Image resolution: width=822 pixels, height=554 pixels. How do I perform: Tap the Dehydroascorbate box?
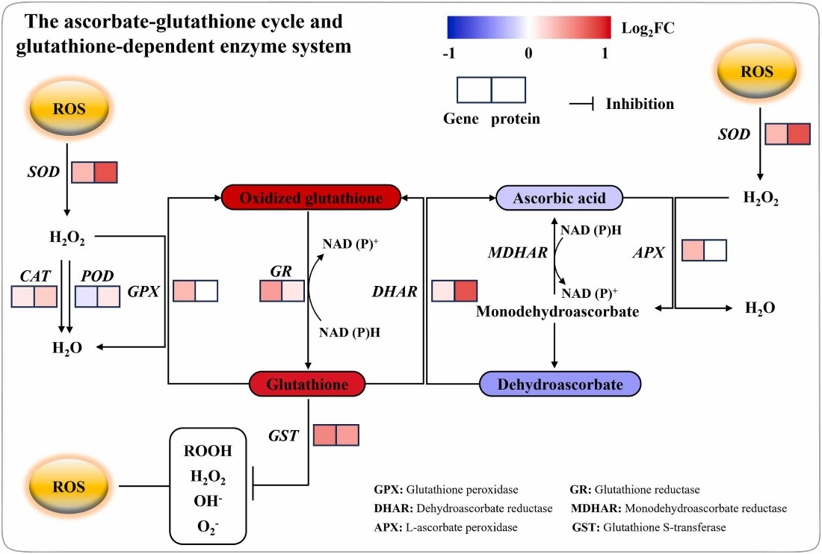click(560, 384)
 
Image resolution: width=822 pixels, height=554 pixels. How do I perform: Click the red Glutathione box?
click(308, 384)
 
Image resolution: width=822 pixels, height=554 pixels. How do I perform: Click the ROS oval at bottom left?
click(69, 486)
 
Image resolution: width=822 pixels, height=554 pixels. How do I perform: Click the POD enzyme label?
click(98, 276)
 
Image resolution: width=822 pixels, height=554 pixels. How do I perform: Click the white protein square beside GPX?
click(206, 290)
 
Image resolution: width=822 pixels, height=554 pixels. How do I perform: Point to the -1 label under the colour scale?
click(448, 53)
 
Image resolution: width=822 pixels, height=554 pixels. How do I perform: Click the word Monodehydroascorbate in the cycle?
click(557, 311)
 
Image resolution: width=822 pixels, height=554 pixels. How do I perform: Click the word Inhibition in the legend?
click(640, 104)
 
